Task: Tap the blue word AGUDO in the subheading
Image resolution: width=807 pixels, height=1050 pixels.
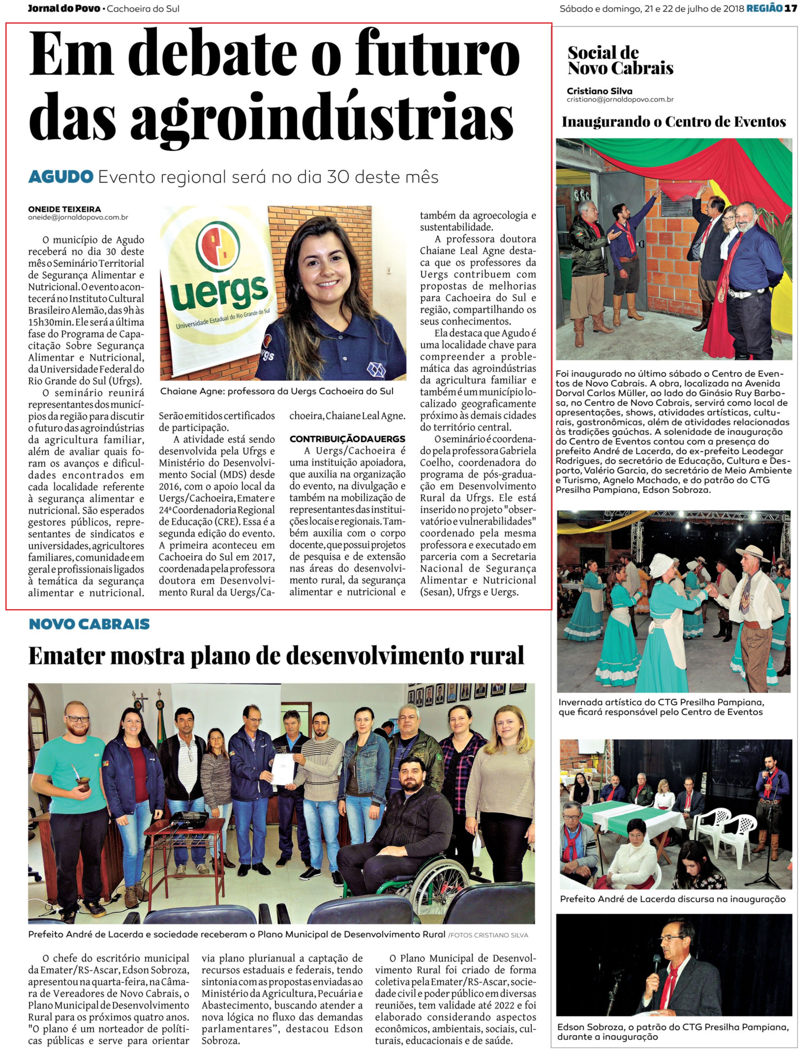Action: pyautogui.click(x=60, y=177)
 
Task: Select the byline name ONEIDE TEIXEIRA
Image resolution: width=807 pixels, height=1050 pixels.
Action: pyautogui.click(x=64, y=209)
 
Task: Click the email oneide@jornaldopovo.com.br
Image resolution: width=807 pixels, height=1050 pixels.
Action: pyautogui.click(x=78, y=217)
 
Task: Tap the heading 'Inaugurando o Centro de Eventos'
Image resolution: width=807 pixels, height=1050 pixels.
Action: pyautogui.click(x=673, y=122)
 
